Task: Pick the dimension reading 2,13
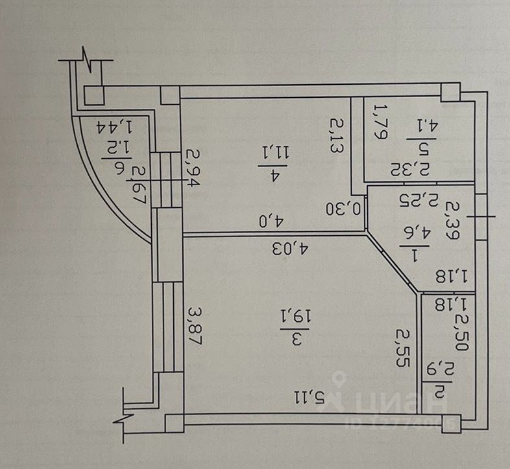336,135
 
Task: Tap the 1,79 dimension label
378,122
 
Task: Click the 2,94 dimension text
193,168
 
